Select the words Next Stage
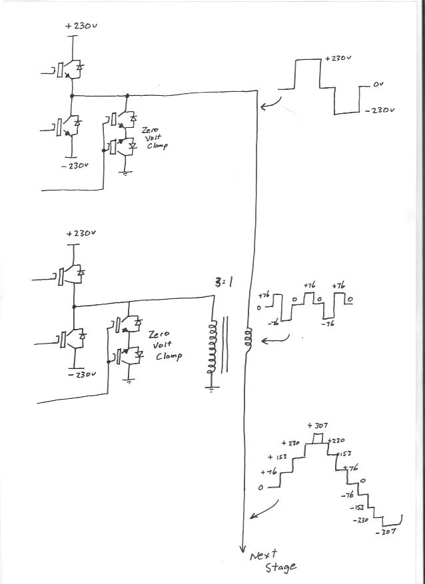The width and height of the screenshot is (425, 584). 272,561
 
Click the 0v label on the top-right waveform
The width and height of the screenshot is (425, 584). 379,86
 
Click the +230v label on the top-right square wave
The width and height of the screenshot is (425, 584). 338,59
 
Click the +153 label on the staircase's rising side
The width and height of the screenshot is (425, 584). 278,457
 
